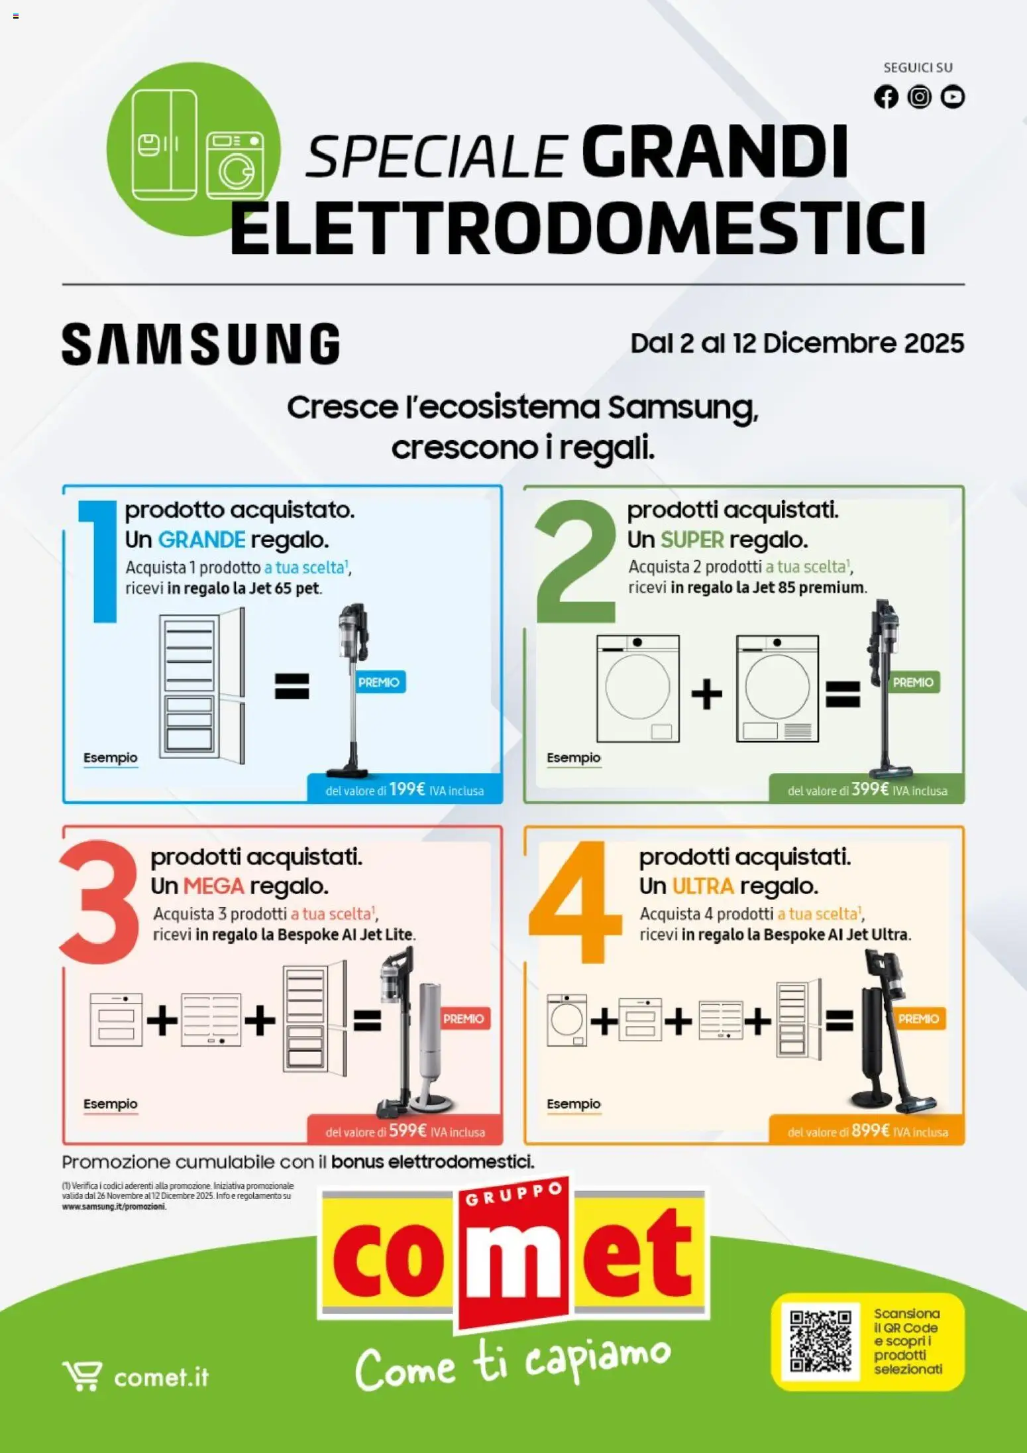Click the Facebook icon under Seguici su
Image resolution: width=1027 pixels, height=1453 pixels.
point(886,97)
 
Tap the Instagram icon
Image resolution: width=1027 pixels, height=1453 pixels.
point(919,97)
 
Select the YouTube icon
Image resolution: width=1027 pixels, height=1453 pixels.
point(953,97)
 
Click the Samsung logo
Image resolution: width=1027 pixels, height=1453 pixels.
point(201,344)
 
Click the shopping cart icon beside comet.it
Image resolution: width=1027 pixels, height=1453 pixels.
point(82,1376)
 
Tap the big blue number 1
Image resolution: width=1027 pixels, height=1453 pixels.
point(99,561)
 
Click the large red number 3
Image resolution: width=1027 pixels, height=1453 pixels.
point(99,901)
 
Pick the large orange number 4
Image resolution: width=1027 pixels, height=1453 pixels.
point(575,901)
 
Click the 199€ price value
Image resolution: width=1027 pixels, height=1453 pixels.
point(407,789)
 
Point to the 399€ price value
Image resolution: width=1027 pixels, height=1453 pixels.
point(869,789)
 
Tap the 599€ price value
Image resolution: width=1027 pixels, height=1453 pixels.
point(407,1131)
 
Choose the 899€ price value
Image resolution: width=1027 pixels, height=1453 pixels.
point(870,1131)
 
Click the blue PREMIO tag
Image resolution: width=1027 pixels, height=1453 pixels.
point(378,682)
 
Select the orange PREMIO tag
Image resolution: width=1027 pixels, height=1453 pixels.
point(918,1019)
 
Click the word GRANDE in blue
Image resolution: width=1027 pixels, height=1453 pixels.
point(201,540)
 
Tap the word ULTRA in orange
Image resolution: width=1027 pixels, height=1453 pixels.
point(703,886)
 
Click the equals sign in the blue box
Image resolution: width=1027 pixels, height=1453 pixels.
point(292,686)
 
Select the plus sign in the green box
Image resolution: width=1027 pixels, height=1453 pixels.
point(707,694)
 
